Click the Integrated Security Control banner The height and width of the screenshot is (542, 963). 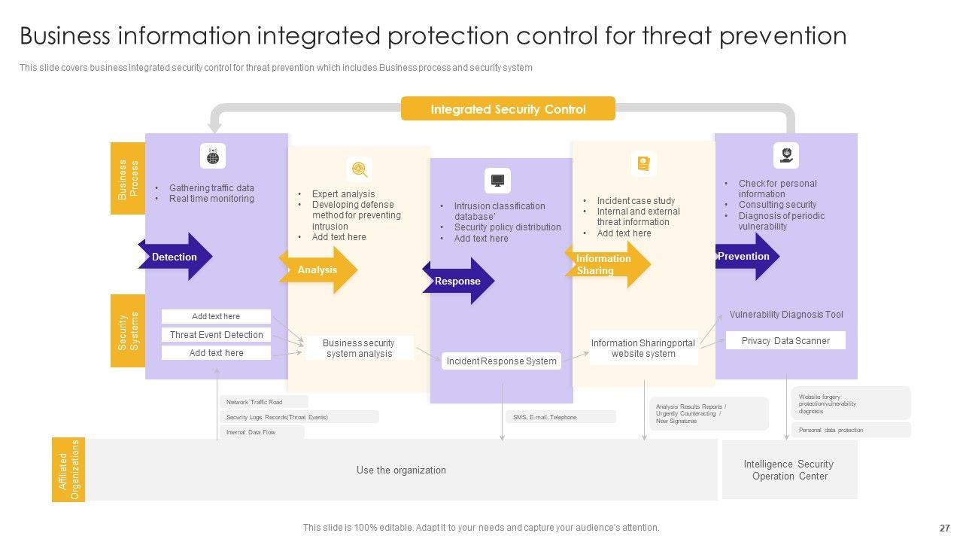pyautogui.click(x=508, y=109)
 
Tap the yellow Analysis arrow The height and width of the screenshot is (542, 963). pyautogui.click(x=318, y=269)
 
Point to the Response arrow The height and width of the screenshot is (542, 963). pyautogui.click(x=458, y=282)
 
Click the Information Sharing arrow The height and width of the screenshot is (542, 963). pyautogui.click(x=606, y=264)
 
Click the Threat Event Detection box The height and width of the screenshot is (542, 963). pyautogui.click(x=216, y=335)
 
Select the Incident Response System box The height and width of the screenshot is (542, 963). pyautogui.click(x=501, y=361)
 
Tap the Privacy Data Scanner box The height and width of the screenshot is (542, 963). pyautogui.click(x=785, y=341)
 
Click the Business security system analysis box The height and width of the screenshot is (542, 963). pyautogui.click(x=359, y=349)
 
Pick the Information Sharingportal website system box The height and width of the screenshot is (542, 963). pyautogui.click(x=643, y=349)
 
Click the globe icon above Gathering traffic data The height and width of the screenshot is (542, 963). pyautogui.click(x=213, y=157)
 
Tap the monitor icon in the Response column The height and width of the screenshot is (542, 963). pyautogui.click(x=497, y=181)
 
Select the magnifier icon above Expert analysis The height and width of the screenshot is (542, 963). pyautogui.click(x=360, y=169)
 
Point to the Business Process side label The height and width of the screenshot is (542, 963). pyautogui.click(x=128, y=179)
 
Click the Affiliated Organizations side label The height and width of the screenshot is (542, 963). pyautogui.click(x=68, y=470)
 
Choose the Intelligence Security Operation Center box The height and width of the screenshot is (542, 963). pyautogui.click(x=789, y=470)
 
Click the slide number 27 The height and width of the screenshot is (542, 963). pyautogui.click(x=945, y=528)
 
